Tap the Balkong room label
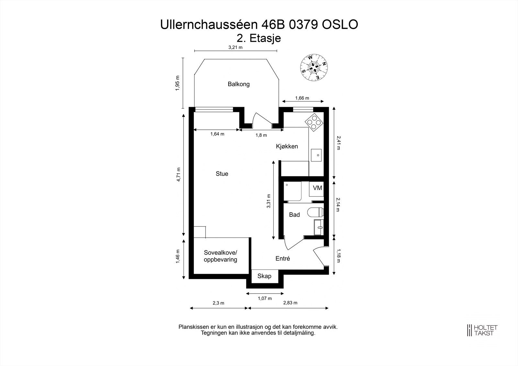pos(239,84)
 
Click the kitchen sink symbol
pos(317,155)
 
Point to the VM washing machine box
pos(317,188)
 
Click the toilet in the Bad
pos(316,212)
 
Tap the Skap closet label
pos(264,276)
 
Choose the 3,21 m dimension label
pos(235,47)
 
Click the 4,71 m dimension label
pos(178,175)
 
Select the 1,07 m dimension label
pos(265,298)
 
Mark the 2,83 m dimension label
pos(290,303)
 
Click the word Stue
pos(222,174)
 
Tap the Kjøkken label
pos(287,146)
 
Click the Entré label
pos(282,259)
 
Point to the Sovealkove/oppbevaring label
pos(220,256)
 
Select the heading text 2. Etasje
pos(259,38)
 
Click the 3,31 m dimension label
pos(268,201)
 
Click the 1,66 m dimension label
pos(302,98)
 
